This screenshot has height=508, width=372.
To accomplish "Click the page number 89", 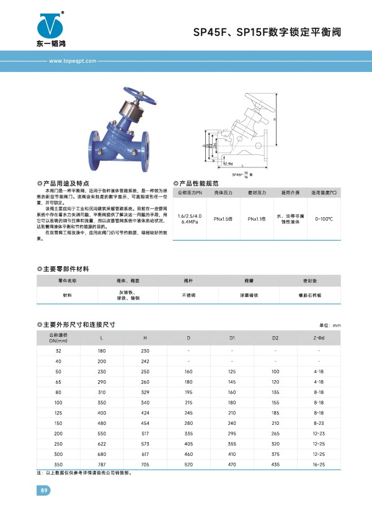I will (x=44, y=491).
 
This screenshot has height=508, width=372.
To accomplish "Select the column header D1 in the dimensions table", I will (x=232, y=338).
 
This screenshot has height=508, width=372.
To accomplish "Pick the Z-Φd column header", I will (x=319, y=338).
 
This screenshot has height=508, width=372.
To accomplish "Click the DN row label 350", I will (x=58, y=464).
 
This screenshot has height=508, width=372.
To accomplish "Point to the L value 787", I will (x=102, y=464).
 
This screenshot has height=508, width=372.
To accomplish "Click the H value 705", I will (x=145, y=464).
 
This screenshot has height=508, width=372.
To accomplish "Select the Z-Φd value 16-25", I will (x=319, y=464).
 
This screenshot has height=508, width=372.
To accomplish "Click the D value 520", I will (x=188, y=464).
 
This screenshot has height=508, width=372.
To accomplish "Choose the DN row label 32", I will (x=58, y=351).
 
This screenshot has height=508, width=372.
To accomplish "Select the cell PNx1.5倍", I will (x=223, y=218).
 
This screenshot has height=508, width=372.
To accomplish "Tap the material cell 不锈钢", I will (x=188, y=295).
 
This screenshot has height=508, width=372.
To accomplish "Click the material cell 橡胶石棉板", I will (x=309, y=295).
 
